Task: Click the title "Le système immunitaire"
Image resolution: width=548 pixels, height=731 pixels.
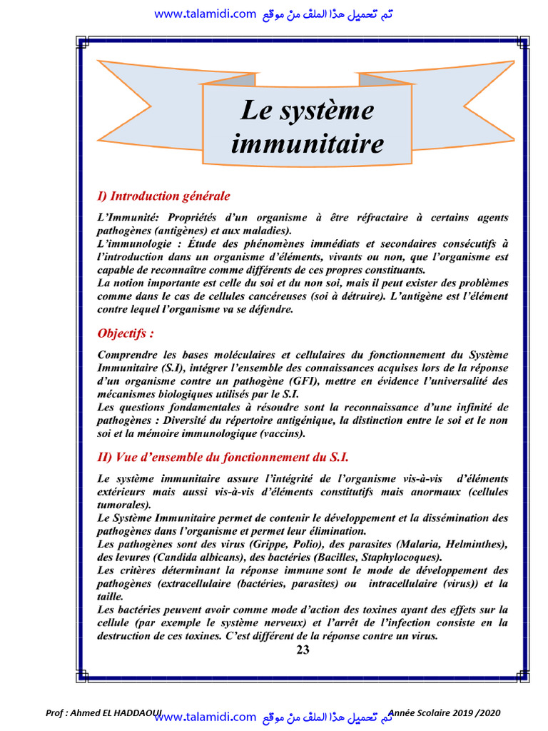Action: (307, 127)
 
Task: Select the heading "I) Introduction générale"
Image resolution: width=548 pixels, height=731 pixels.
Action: (163, 196)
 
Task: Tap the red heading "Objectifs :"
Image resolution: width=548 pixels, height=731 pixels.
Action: (126, 333)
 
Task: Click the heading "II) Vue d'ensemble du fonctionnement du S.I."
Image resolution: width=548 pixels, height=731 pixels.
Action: (223, 457)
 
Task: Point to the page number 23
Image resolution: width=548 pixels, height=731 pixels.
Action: (303, 650)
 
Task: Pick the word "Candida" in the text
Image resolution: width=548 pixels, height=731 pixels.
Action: (175, 557)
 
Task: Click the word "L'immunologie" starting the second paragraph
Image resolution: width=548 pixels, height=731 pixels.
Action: (131, 243)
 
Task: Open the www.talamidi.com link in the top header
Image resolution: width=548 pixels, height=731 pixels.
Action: (204, 14)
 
